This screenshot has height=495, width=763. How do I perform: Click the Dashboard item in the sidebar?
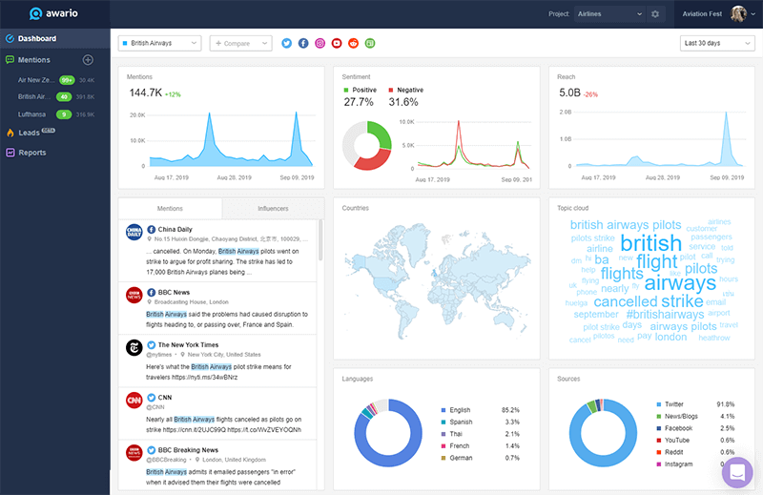pos(36,39)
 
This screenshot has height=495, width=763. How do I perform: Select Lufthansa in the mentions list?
pos(33,114)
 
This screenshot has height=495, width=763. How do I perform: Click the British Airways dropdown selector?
pos(159,43)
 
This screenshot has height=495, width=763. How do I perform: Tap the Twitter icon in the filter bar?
pos(285,43)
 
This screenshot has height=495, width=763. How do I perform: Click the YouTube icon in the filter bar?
pos(337,43)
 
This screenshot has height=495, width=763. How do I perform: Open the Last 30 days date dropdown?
pos(717,43)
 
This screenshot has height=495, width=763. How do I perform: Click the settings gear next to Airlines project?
pos(655,14)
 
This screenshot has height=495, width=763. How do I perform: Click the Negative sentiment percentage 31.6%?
pos(403,102)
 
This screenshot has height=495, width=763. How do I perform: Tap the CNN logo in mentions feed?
pos(134,401)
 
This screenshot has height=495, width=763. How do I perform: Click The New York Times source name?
pos(188,345)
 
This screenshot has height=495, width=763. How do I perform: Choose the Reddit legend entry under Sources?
pos(675,452)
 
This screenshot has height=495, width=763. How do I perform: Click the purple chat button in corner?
pos(737,471)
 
